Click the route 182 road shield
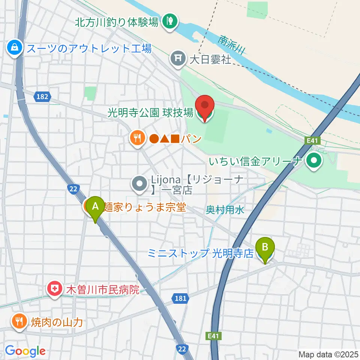tap(42, 97)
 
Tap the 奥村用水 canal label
tap(225, 210)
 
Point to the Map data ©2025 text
tap(328, 354)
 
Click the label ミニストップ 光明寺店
tap(200, 253)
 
